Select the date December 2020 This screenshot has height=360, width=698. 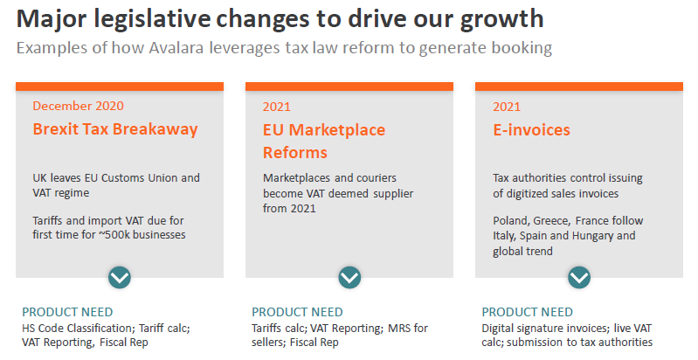point(78,106)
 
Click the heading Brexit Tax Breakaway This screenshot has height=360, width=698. point(115,129)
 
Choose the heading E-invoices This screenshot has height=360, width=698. point(531,129)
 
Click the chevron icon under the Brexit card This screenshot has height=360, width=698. point(120,277)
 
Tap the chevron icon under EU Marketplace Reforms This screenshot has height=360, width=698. point(349,277)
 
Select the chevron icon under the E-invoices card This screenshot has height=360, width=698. point(579,277)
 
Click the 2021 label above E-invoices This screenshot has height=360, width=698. point(506,107)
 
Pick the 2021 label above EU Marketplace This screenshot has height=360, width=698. point(276,107)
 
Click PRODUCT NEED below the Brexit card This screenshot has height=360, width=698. point(67,312)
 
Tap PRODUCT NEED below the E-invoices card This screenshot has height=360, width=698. point(528,312)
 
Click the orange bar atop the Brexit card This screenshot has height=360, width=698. point(120,86)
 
